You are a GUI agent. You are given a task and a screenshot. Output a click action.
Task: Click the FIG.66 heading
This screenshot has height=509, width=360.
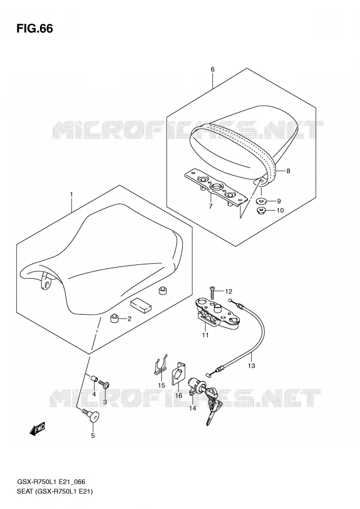[34, 28]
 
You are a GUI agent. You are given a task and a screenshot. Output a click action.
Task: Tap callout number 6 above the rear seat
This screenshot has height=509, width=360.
[213, 69]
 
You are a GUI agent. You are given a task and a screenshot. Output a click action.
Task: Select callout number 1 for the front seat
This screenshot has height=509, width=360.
[72, 195]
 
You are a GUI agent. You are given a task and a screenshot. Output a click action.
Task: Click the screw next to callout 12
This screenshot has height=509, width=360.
[213, 293]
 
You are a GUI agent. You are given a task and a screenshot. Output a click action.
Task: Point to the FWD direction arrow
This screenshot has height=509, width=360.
[37, 430]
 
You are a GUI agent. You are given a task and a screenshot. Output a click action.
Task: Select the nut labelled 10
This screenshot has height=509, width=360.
[262, 210]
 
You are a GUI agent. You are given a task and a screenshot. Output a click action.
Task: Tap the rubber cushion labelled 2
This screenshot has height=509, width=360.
[114, 319]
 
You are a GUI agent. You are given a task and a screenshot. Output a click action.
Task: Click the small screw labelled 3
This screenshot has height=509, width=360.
[104, 385]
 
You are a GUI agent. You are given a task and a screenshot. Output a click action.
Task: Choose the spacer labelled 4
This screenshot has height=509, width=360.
[94, 379]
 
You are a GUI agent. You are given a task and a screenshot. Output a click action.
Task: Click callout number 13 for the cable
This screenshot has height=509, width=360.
[251, 366]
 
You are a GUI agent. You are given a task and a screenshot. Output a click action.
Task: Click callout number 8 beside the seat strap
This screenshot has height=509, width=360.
[288, 171]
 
